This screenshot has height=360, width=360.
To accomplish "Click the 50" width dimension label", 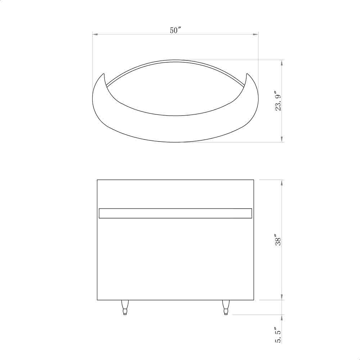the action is click(x=176, y=31).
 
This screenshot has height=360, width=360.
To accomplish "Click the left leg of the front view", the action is click(x=125, y=307).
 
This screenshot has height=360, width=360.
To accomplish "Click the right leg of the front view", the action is click(x=226, y=307).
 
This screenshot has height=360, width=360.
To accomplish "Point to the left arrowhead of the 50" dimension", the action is click(x=95, y=35).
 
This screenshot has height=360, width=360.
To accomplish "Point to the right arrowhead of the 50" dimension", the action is click(x=255, y=35).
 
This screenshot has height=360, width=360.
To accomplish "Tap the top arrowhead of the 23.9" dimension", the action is click(x=282, y=63).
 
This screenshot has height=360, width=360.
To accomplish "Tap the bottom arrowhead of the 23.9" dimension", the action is click(x=282, y=139).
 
